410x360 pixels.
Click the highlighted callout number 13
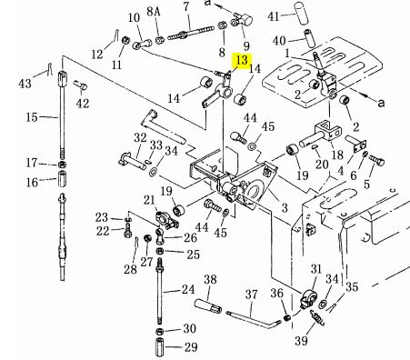tap(242, 60)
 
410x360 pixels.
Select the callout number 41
tap(274, 16)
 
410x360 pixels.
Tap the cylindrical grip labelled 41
tap(302, 13)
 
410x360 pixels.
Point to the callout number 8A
tap(154, 12)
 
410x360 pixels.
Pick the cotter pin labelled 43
tap(50, 69)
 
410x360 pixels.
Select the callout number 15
tap(32, 117)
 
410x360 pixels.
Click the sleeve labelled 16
tap(62, 179)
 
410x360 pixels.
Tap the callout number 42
tap(83, 104)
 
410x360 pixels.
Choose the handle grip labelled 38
tap(207, 306)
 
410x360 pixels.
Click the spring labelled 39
tap(317, 318)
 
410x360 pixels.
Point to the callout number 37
tap(251, 295)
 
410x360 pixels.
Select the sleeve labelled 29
tap(160, 347)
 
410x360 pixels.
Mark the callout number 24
tap(188, 290)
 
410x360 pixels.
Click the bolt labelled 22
tap(127, 230)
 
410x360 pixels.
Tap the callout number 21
tap(149, 200)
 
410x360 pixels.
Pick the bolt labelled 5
tap(376, 160)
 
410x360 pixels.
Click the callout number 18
tap(337, 155)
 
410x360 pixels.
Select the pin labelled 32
tap(133, 160)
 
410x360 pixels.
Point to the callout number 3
tap(285, 208)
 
